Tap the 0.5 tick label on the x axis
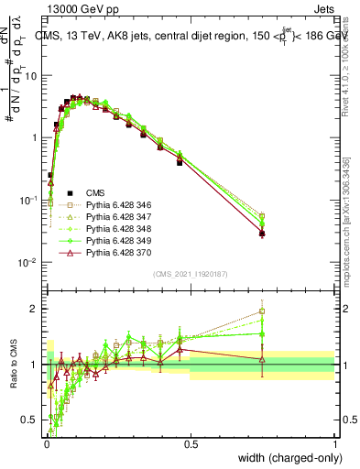pyautogui.click(x=191, y=444)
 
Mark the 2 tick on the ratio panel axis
pyautogui.click(x=37, y=310)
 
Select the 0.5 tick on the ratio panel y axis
pyautogui.click(x=33, y=420)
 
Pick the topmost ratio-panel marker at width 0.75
pyautogui.click(x=262, y=311)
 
